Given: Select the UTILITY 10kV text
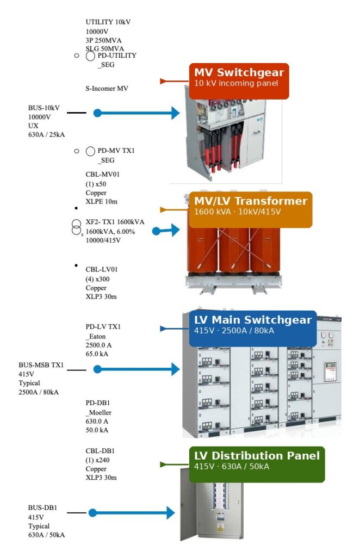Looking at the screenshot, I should click(108, 22).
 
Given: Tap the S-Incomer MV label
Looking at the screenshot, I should click(107, 88).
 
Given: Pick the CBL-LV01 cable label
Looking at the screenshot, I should click(102, 269).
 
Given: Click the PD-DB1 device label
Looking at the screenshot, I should click(98, 403).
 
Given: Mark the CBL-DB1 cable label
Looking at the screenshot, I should click(100, 451).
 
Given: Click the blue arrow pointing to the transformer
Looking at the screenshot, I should click(166, 231).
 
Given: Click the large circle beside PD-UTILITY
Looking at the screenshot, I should click(91, 56).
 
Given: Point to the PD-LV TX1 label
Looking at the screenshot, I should click(103, 326).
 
